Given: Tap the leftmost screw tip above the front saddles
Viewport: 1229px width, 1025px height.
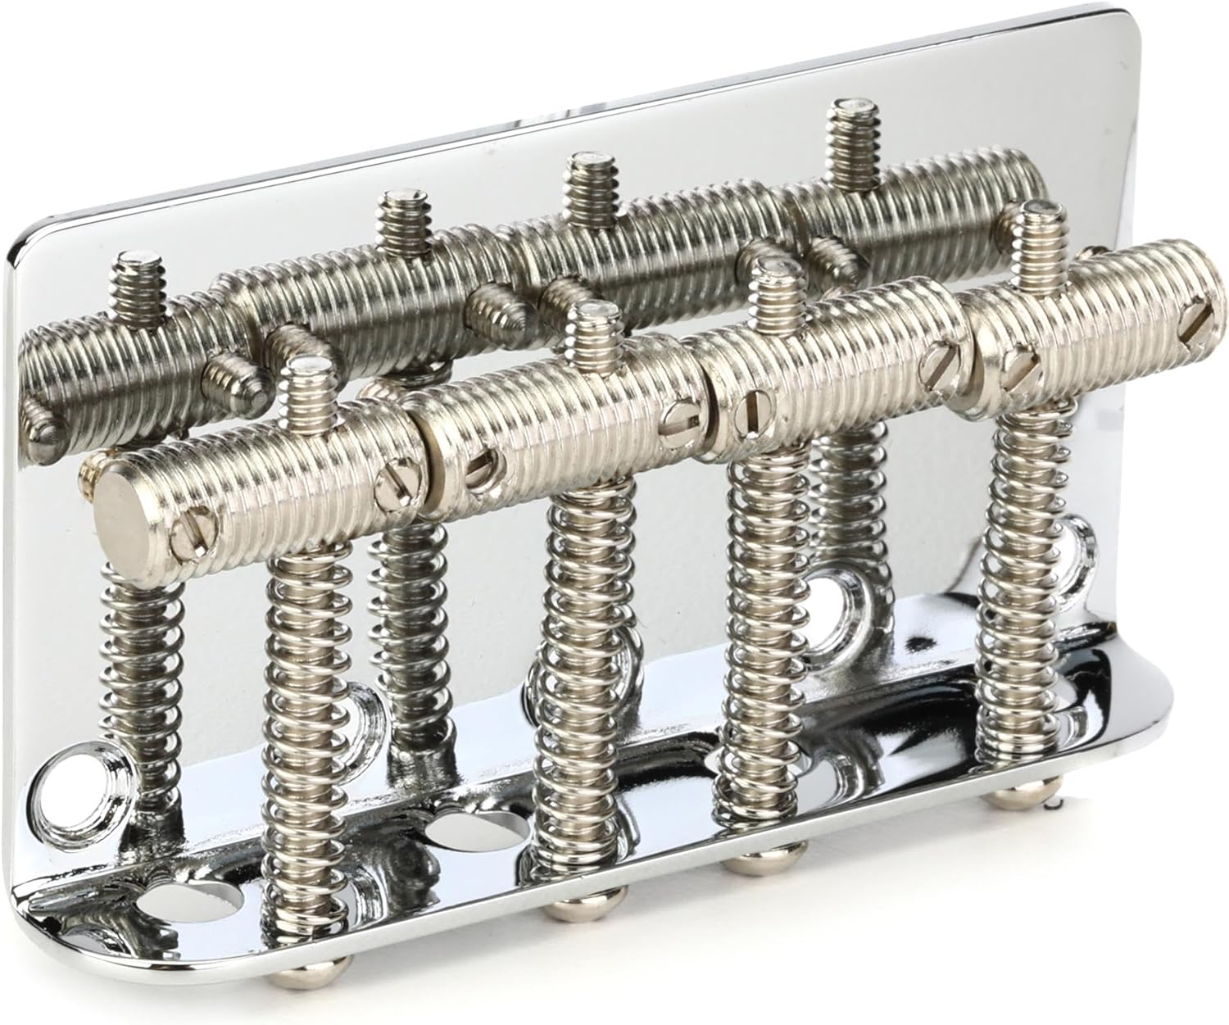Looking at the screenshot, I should click(310, 372).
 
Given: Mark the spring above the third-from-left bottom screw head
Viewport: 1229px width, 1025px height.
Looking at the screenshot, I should click(750, 639).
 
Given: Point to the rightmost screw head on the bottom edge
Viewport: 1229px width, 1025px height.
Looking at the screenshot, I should click(1014, 795).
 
